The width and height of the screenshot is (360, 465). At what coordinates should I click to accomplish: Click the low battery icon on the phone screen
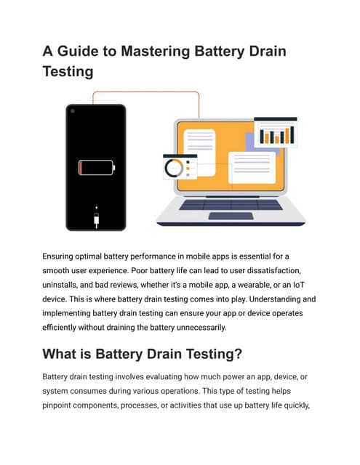click(96, 169)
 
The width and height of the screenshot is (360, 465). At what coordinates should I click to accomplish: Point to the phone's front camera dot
click(72, 110)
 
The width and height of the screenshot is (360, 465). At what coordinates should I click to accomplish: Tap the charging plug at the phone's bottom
click(96, 217)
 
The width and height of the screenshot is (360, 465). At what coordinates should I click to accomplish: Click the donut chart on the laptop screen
click(175, 169)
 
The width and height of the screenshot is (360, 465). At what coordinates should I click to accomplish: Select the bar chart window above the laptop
click(275, 132)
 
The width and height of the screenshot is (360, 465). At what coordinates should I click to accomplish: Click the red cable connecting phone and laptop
click(145, 92)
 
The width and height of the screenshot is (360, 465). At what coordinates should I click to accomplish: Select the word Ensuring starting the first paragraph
click(63, 256)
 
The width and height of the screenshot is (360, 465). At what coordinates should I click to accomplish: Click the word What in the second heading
click(63, 355)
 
